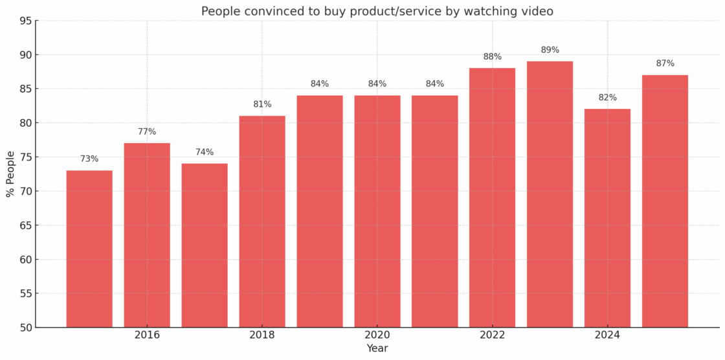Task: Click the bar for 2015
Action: click(x=89, y=249)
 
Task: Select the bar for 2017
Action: click(x=205, y=245)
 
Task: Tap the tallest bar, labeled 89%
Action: click(x=550, y=194)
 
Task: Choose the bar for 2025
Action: click(x=665, y=201)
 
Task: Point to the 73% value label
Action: click(x=89, y=159)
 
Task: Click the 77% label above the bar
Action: click(x=147, y=132)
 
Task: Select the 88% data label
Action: click(x=492, y=57)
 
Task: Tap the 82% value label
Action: click(x=607, y=98)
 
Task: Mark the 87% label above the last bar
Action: click(x=665, y=63)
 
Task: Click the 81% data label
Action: click(x=262, y=104)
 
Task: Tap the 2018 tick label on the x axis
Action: click(x=262, y=335)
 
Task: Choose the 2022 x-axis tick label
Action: click(x=492, y=335)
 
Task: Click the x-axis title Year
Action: click(x=377, y=349)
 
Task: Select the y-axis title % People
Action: click(x=10, y=174)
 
